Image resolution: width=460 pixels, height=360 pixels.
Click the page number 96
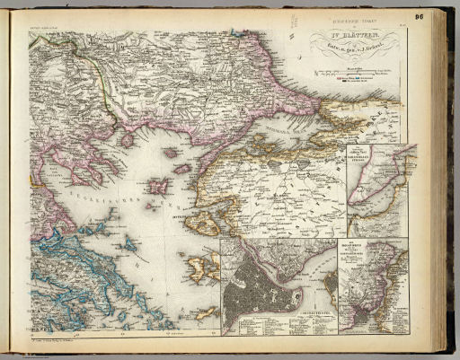coord(443,15)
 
